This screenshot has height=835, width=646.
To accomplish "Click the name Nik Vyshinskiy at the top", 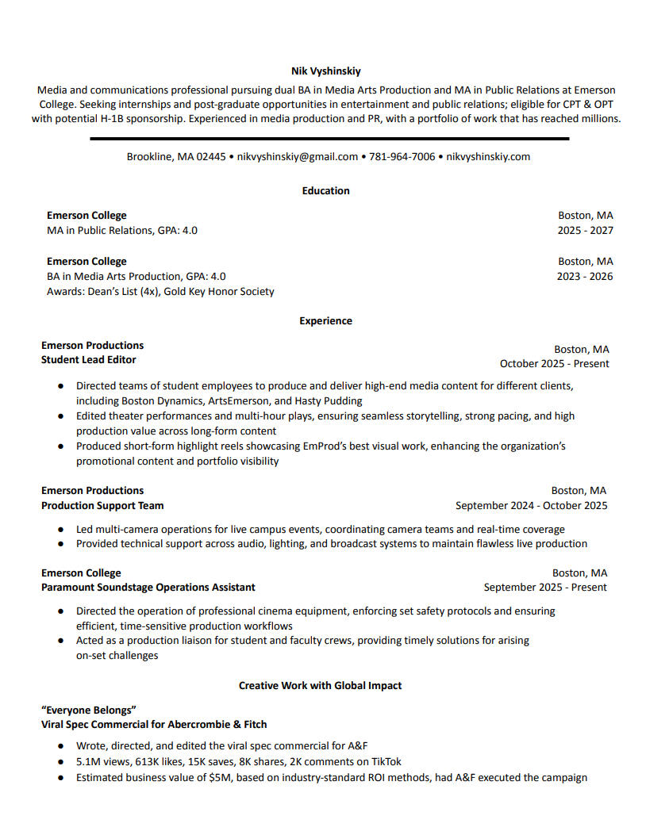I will (325, 71).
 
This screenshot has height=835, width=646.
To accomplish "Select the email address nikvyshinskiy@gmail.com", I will (298, 157).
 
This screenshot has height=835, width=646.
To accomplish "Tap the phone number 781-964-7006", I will (402, 157).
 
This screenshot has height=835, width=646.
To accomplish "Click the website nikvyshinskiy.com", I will (488, 157).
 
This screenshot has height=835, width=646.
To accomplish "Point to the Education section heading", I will (325, 191).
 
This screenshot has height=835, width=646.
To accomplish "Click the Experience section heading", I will (325, 321).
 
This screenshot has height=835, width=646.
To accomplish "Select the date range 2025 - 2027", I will (585, 231).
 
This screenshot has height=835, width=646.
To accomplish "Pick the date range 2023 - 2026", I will (585, 277).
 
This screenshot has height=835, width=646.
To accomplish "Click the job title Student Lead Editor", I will (88, 360).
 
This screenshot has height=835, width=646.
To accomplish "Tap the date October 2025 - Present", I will (554, 364).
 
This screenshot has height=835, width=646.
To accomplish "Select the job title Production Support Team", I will (102, 505).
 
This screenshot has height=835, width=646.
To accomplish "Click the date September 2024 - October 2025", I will (531, 505).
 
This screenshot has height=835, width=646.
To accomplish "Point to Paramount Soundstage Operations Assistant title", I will (148, 588).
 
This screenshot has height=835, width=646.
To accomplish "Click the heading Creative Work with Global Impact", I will (321, 685).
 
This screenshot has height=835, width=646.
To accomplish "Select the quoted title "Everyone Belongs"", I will (89, 710).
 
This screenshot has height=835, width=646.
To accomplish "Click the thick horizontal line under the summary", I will (329, 139).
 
